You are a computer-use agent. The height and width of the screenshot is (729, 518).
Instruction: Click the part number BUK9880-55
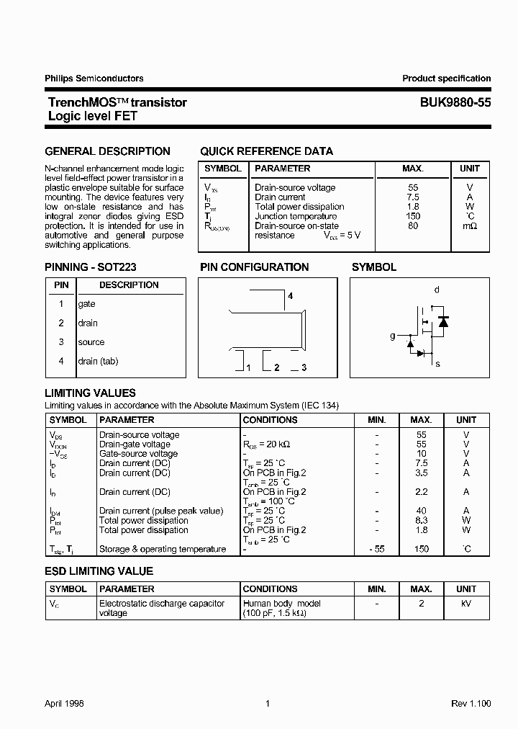(455, 102)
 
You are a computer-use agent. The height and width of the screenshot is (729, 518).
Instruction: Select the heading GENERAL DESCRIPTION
(107, 151)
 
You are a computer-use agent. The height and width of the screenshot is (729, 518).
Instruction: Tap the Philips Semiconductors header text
(94, 79)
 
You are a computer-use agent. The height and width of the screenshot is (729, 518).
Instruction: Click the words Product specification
(446, 79)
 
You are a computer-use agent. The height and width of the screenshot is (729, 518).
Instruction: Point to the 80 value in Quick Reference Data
(412, 225)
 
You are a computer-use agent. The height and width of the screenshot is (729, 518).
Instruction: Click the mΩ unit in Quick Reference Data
(469, 225)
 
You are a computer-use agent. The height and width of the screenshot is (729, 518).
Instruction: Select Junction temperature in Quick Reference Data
(296, 216)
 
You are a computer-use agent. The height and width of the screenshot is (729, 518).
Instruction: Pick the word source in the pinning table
(91, 342)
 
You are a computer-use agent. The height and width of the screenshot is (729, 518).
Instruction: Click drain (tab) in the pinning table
(98, 361)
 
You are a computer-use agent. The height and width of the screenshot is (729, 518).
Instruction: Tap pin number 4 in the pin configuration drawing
(290, 296)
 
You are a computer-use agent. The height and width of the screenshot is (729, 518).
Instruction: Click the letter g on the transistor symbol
(393, 336)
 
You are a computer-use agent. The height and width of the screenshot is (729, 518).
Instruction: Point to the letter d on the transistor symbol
(437, 290)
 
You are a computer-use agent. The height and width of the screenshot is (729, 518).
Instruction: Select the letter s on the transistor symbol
(437, 364)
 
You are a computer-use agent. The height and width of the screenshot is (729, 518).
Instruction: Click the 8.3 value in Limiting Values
(422, 520)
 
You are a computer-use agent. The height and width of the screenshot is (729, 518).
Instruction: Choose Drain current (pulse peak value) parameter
(161, 511)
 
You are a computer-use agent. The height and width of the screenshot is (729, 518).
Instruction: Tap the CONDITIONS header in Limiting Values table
(270, 419)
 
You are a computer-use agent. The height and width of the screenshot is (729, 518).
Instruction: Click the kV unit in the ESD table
(466, 604)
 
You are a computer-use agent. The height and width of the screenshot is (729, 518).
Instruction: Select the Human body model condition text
(282, 604)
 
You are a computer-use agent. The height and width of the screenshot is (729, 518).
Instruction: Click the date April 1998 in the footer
(64, 704)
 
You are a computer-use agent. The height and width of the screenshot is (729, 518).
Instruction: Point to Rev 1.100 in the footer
(471, 704)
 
